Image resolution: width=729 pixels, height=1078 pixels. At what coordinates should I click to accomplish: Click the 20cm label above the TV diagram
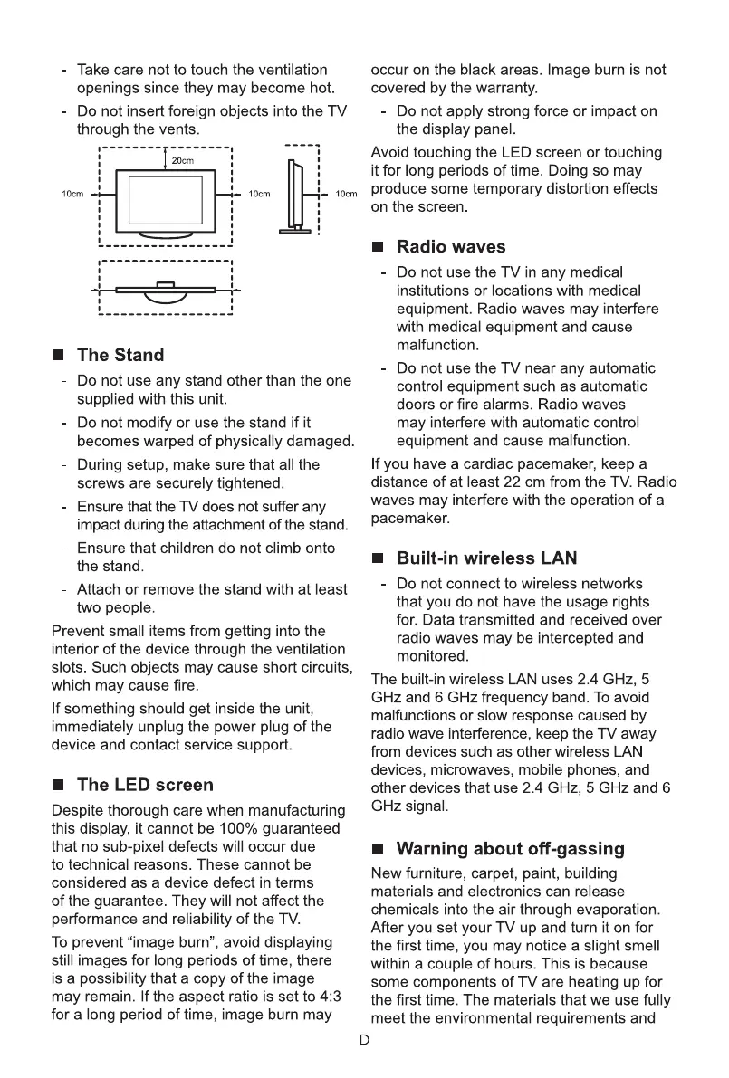coord(184,161)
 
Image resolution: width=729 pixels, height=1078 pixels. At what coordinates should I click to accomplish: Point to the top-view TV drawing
coord(166,289)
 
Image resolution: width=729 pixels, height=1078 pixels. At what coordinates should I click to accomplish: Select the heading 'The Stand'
coord(120,355)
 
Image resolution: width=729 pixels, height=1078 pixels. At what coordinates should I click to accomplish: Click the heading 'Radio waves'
coord(451,247)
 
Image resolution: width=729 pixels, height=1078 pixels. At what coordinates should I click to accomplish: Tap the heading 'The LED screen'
coord(145,785)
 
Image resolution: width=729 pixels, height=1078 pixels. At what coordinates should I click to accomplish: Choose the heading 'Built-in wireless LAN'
coord(486,558)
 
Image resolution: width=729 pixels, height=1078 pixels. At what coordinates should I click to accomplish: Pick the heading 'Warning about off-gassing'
coord(510,849)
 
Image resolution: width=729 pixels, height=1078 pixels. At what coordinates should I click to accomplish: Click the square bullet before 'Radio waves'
coord(378,248)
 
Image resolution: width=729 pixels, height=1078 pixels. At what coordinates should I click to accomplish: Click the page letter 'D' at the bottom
coord(364,1040)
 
